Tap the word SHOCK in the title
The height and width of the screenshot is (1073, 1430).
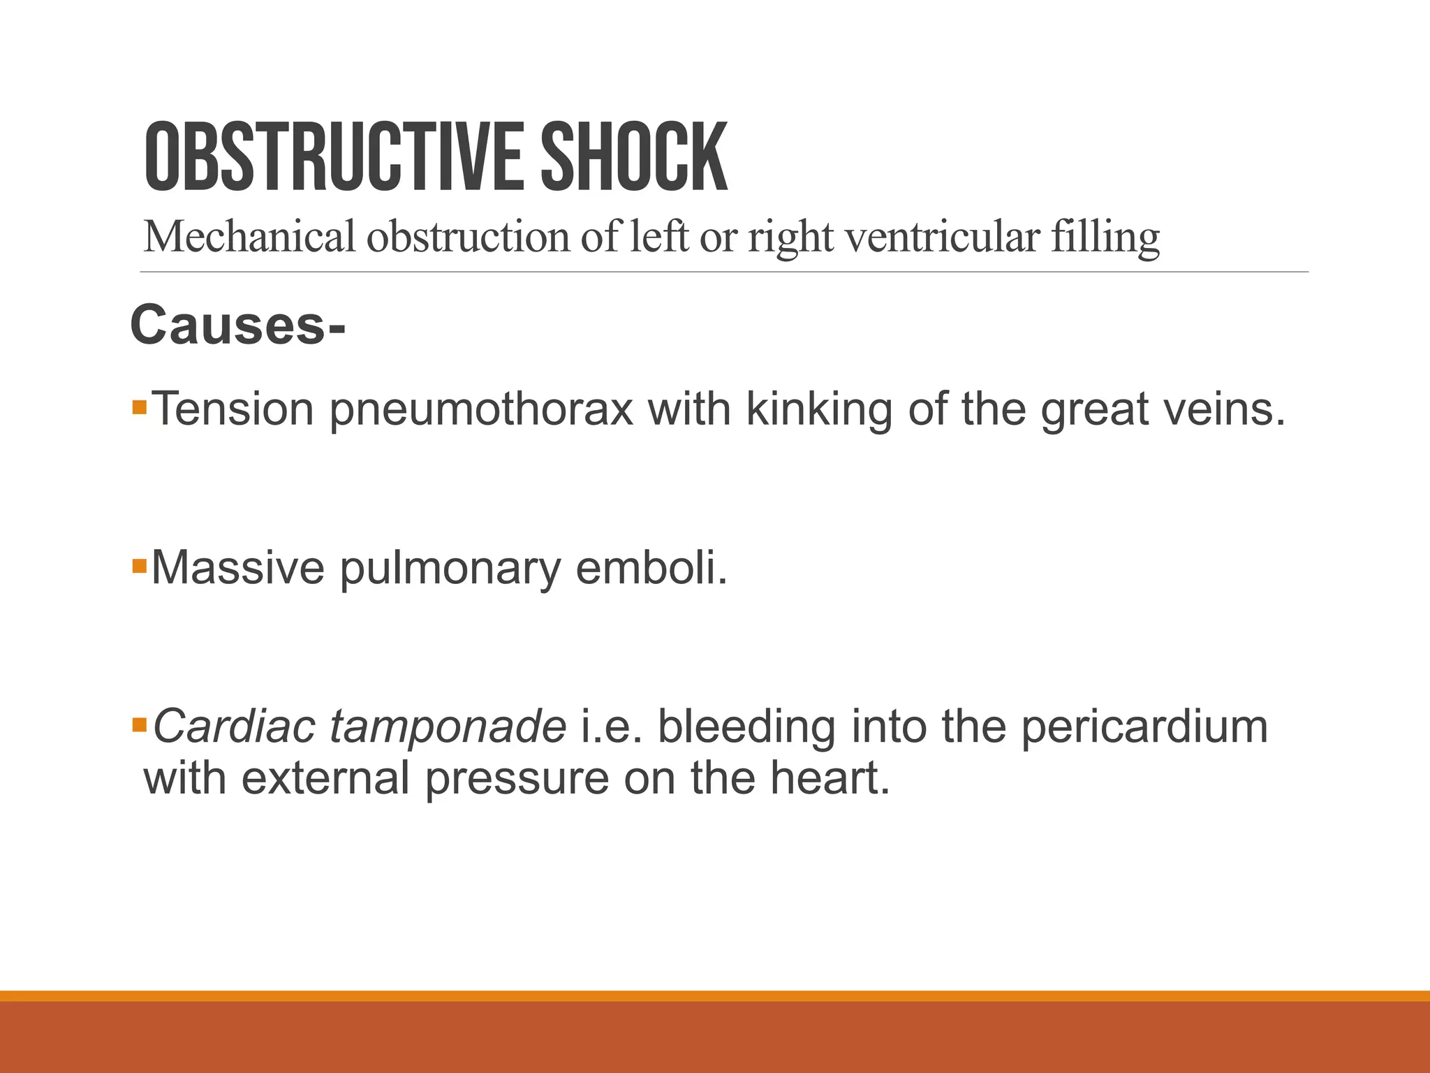coord(634,157)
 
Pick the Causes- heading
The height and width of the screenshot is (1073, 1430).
coord(237,326)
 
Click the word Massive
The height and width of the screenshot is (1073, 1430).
coord(237,567)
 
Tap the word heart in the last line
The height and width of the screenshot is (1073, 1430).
coord(830,778)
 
